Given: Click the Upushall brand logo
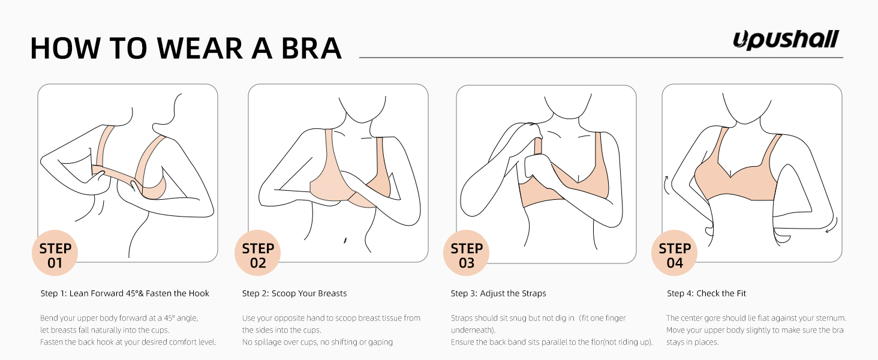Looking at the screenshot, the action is click(x=786, y=40).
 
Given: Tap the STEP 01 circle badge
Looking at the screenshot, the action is click(x=55, y=253).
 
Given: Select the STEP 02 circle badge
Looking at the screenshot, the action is click(x=257, y=253).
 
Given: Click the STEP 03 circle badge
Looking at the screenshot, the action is click(x=467, y=253).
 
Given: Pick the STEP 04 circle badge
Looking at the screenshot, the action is click(x=675, y=253).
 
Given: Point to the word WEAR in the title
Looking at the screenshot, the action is click(x=200, y=48).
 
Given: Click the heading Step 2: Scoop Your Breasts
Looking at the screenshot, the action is click(x=294, y=293).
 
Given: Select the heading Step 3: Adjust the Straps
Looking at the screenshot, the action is click(x=498, y=293).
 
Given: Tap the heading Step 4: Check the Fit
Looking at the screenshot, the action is click(x=706, y=293).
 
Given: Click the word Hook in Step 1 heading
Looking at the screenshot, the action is click(x=199, y=293).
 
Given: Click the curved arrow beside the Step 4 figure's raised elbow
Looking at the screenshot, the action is click(x=666, y=185).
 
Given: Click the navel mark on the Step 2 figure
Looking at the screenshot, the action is click(x=345, y=241).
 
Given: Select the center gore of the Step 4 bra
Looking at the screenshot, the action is click(x=730, y=173).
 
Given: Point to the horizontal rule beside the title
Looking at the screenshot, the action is click(x=601, y=58).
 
